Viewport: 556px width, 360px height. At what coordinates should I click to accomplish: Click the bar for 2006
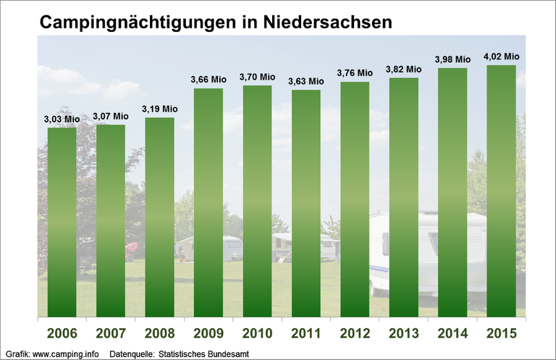[x=62, y=222]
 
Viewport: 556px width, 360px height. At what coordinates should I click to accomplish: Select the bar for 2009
[x=208, y=203]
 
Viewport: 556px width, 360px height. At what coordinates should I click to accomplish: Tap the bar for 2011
[x=306, y=204]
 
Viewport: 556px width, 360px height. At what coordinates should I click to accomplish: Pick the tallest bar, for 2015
[x=501, y=191]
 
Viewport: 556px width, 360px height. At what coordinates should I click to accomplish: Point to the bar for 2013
[x=403, y=197]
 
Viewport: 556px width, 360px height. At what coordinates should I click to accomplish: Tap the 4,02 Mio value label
[x=501, y=56]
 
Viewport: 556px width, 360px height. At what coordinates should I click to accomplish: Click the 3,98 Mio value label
[x=452, y=59]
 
